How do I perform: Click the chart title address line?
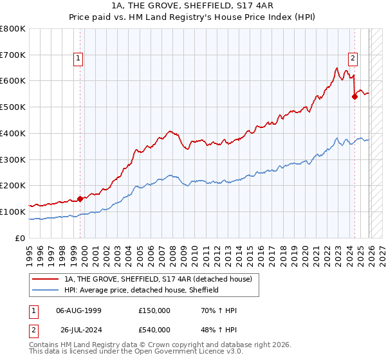(193, 6)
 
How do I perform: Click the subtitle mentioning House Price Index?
(193, 17)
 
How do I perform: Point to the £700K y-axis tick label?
(13, 55)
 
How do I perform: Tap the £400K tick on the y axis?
(13, 133)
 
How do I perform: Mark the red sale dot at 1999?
(80, 199)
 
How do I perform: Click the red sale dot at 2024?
(354, 97)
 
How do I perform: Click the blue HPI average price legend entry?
(142, 290)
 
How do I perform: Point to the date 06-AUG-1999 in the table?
(78, 310)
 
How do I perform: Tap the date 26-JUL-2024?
(78, 331)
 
